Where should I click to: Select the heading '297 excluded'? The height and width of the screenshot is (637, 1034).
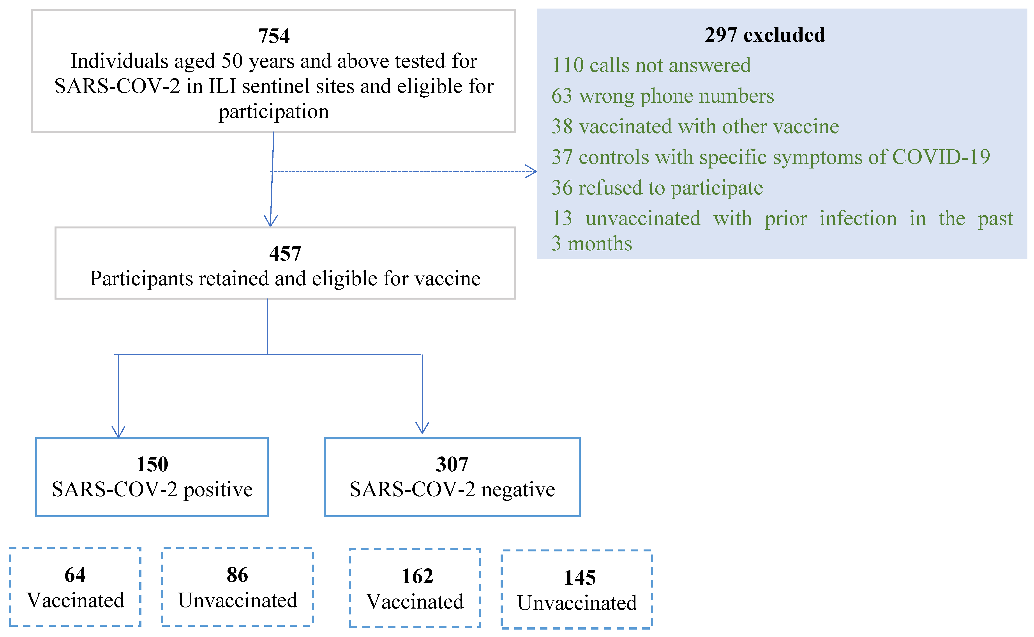coord(765,35)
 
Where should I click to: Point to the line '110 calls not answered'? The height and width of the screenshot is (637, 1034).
coord(651,65)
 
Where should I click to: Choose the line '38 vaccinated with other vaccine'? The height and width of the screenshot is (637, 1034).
coord(695,126)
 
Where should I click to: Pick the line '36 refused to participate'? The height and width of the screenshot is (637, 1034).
coord(657,188)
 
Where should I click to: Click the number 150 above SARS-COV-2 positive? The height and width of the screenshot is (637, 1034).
coord(152,464)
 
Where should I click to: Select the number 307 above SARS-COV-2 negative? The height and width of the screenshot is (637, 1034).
coord(452,464)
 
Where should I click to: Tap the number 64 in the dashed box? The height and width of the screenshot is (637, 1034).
coord(75,575)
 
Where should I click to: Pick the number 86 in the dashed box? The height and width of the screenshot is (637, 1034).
coord(237,575)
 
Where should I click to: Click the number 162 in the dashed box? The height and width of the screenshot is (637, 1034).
coord(417,576)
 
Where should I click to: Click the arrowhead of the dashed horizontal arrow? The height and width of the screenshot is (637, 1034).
coord(532,172)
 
